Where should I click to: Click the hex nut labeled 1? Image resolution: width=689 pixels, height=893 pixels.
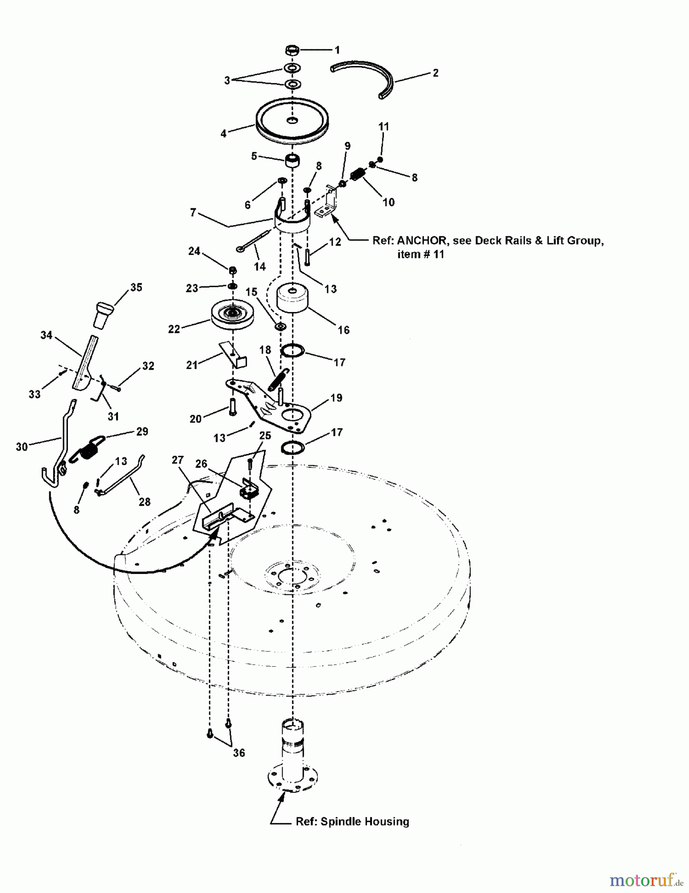(x=293, y=50)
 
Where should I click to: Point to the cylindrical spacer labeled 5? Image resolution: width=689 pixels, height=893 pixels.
(x=293, y=161)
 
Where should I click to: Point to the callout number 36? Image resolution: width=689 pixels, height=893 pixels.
(x=239, y=753)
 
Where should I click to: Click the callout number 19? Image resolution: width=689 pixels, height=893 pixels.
(x=336, y=398)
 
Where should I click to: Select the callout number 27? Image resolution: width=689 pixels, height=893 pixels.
(x=178, y=460)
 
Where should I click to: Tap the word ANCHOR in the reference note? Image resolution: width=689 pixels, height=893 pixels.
(x=421, y=241)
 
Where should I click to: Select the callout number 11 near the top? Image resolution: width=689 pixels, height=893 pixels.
(x=384, y=127)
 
